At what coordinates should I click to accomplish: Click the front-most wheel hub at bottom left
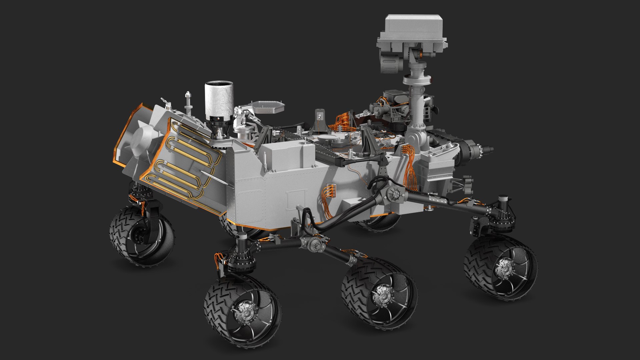click(x=246, y=313)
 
